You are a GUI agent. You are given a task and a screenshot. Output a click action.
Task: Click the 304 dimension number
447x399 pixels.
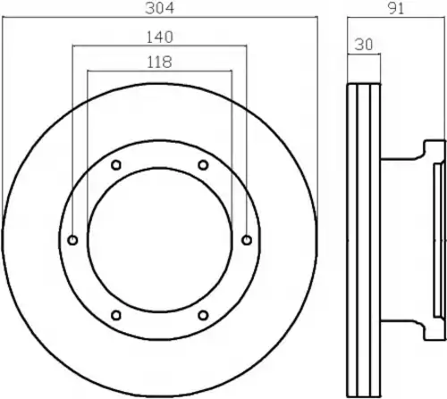tap(159, 8)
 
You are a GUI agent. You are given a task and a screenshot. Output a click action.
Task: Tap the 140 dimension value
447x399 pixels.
tap(160, 37)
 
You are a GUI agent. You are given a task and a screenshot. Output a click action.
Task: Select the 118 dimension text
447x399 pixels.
tap(160, 62)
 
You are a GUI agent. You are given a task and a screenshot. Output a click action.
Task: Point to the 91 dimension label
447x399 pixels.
tap(396, 9)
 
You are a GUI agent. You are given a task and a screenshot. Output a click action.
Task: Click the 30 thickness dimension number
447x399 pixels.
tap(364, 45)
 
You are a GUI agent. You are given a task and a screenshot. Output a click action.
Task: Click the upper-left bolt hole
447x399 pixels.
tap(116, 165)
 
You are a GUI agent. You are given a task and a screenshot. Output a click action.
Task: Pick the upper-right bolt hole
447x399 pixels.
tap(203, 165)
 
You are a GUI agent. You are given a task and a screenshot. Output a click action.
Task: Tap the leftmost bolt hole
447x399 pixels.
tap(72, 240)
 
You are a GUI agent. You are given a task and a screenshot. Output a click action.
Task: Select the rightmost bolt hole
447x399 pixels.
tap(247, 240)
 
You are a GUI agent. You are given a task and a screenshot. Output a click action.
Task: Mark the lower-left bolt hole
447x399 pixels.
tap(116, 315)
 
